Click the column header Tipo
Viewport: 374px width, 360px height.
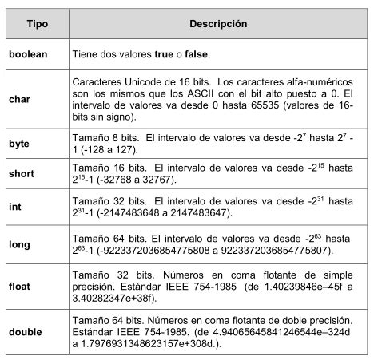[x=37, y=25]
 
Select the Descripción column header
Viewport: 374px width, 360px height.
[x=217, y=25]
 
